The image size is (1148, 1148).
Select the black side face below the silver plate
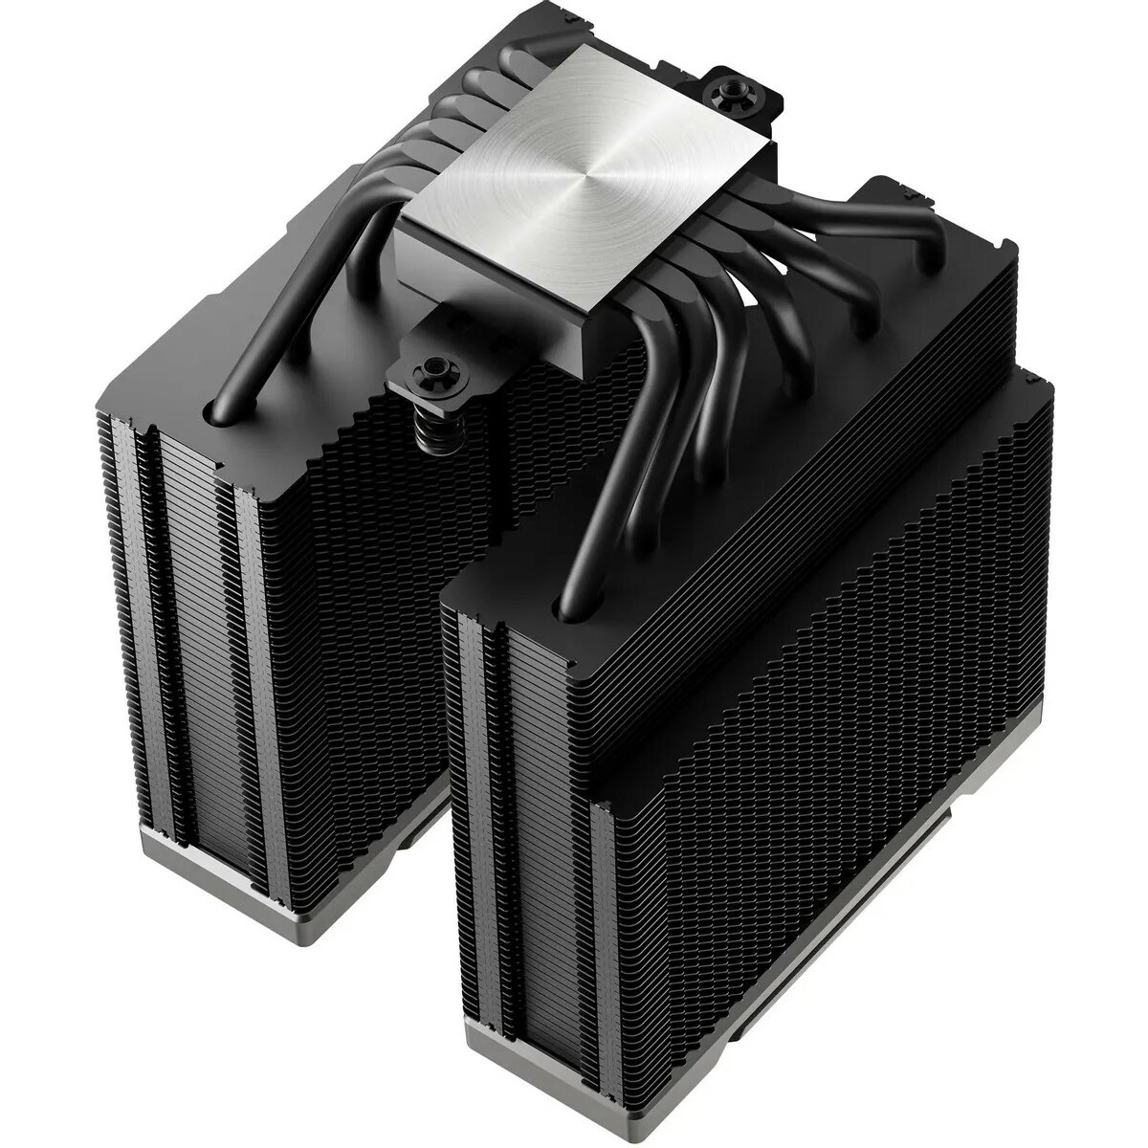click(x=507, y=287)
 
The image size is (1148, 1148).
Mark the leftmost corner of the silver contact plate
click(x=397, y=222)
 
